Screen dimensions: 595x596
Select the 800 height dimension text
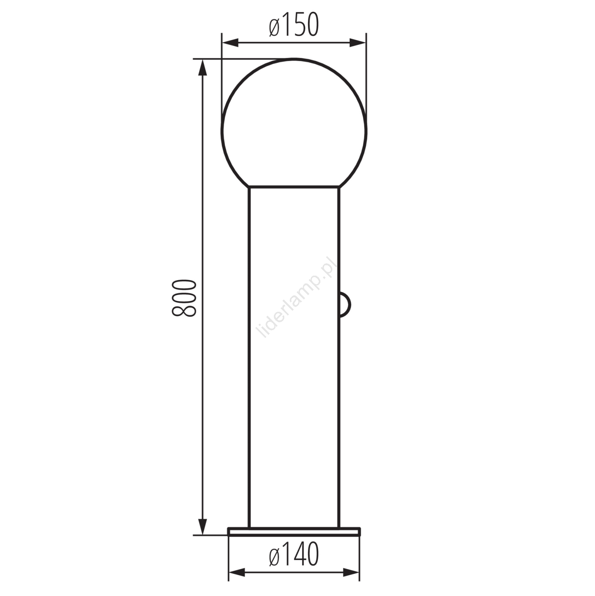[x=184, y=298]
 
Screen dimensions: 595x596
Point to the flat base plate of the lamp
[x=294, y=531]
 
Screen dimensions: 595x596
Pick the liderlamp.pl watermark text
[x=297, y=297]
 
